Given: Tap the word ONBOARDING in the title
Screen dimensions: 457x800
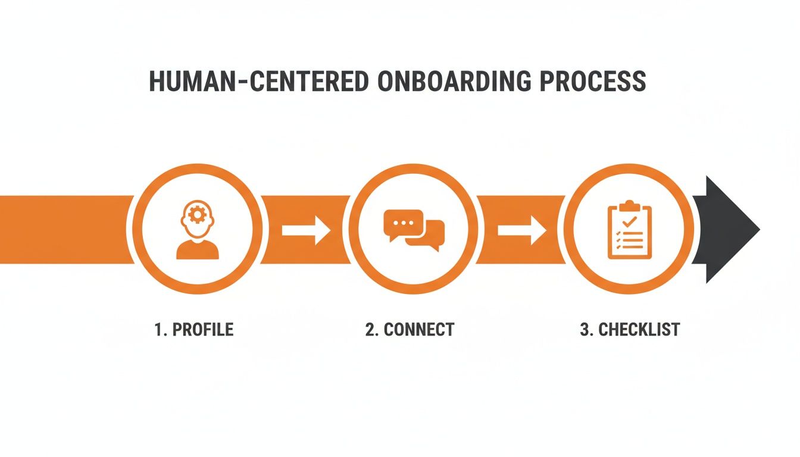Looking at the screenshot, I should [454, 82].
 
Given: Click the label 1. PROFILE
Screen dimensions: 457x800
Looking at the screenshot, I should [194, 330].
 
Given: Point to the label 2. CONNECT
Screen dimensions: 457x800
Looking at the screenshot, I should [410, 330].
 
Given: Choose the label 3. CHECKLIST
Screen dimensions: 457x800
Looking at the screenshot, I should [629, 330].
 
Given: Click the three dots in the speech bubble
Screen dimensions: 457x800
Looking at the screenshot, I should [404, 223].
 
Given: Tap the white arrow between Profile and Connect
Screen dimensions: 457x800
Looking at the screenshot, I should [306, 230].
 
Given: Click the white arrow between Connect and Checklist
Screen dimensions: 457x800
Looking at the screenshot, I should [521, 230].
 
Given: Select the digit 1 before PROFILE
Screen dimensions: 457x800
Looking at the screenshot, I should [158, 330].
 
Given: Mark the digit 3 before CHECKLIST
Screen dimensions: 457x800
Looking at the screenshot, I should [584, 330].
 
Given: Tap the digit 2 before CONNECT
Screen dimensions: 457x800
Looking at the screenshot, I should [370, 330].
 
